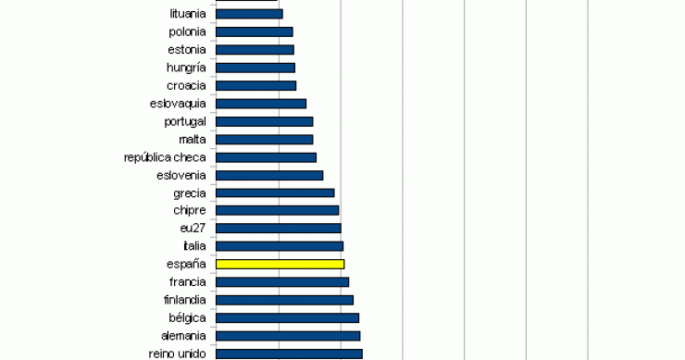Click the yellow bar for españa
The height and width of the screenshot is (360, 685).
coord(280,264)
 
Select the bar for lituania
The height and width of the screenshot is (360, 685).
coord(249,14)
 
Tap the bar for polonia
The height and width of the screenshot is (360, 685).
coord(254,31)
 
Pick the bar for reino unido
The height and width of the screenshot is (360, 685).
coord(289,353)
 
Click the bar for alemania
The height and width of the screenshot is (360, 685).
coord(288,335)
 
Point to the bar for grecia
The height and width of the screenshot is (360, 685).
coord(275,192)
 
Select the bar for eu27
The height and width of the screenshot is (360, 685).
coord(278,228)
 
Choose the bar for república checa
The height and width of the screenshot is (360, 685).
coord(266,157)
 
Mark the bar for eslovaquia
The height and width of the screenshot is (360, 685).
coord(261,104)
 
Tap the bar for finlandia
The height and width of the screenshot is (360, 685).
coord(284,300)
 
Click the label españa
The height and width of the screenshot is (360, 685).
coord(187,264)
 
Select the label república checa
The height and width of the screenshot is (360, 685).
coord(165,157)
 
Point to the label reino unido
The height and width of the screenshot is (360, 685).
coord(177,353)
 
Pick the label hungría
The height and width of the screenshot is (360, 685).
coord(186,68)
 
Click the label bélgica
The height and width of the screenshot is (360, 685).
coord(186,317)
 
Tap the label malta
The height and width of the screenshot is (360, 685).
coord(192,139)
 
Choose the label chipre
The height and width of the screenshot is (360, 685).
coord(190,210)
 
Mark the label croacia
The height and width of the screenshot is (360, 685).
coord(186,85)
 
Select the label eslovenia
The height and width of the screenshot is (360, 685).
coord(181,175)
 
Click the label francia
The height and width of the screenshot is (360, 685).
coord(187,281)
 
